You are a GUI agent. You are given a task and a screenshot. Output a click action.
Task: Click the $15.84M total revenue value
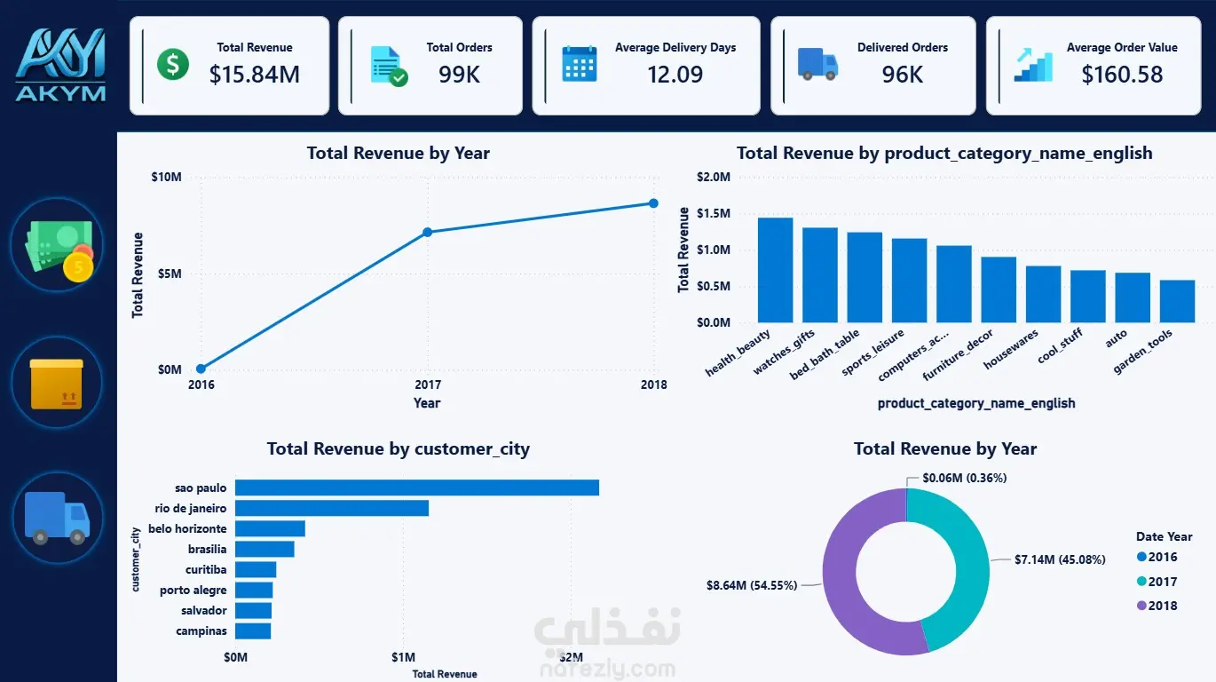254,75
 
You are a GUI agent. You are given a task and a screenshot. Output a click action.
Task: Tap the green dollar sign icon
172,64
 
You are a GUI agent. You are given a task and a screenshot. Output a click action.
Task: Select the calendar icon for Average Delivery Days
580,64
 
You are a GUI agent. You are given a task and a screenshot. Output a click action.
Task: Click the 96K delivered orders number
902,75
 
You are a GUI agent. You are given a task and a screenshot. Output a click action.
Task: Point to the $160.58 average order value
1122,75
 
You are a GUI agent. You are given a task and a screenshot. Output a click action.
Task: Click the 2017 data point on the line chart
428,233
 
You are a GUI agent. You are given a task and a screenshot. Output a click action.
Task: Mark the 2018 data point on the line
653,203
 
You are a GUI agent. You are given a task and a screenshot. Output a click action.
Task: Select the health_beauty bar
775,271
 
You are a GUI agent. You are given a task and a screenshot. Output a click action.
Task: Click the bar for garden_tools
1177,301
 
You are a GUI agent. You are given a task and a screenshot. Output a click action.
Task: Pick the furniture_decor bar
999,290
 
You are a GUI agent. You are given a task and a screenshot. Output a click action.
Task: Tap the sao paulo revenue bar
417,488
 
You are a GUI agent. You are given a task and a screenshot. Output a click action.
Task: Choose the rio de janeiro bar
332,508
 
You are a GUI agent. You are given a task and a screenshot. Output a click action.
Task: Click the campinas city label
201,631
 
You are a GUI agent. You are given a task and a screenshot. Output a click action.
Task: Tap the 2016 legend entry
1157,557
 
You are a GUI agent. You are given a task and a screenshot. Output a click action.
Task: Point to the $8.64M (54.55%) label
751,585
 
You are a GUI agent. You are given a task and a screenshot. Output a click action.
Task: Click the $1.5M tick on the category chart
714,213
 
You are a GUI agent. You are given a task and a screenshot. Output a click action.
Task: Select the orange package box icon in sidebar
57,384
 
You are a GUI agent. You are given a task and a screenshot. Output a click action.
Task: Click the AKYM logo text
60,93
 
